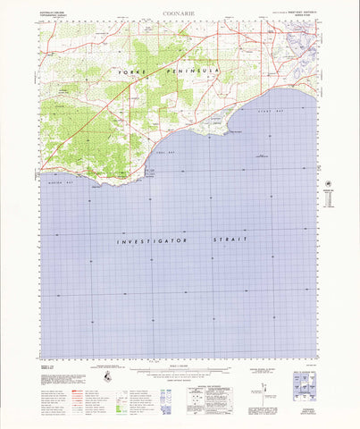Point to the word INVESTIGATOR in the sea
148,241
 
